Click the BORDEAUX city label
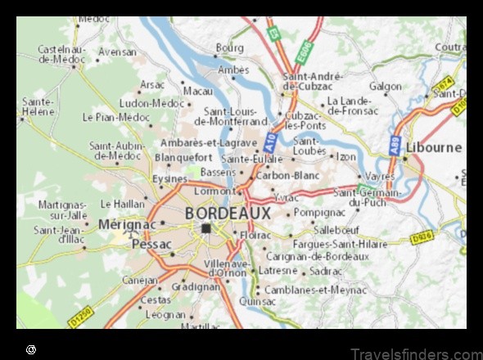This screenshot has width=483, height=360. [x=228, y=213]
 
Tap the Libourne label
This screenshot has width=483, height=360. [x=434, y=147]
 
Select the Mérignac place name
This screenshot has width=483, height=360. [x=127, y=223]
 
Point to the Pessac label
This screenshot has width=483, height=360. [x=151, y=244]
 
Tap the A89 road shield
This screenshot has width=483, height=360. [x=395, y=149]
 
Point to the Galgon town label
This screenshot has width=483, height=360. [x=385, y=86]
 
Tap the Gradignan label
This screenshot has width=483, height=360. [x=196, y=287]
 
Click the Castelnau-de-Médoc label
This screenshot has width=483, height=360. [x=61, y=54]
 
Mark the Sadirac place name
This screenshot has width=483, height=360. [x=327, y=271]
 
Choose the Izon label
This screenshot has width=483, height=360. [x=347, y=155]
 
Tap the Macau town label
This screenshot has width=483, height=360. [x=197, y=91]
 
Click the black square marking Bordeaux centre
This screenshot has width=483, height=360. [x=207, y=229]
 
